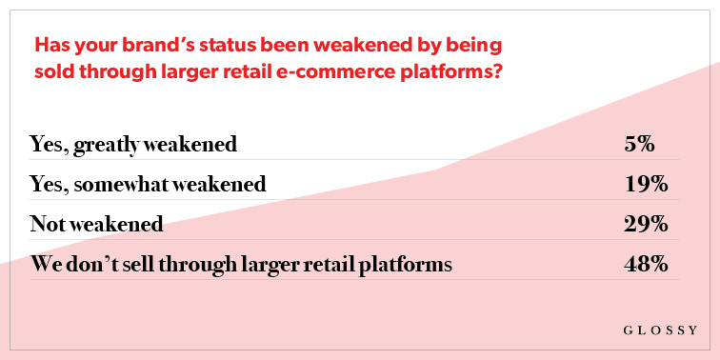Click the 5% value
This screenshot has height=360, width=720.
639,145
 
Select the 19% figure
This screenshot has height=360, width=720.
646,185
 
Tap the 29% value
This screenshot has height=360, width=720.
646,225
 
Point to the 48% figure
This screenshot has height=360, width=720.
646,265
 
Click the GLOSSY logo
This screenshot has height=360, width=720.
660,330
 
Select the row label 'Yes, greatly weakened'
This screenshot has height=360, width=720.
133,146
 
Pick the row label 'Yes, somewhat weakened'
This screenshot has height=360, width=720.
148,185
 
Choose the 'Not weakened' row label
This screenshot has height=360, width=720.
96,225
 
